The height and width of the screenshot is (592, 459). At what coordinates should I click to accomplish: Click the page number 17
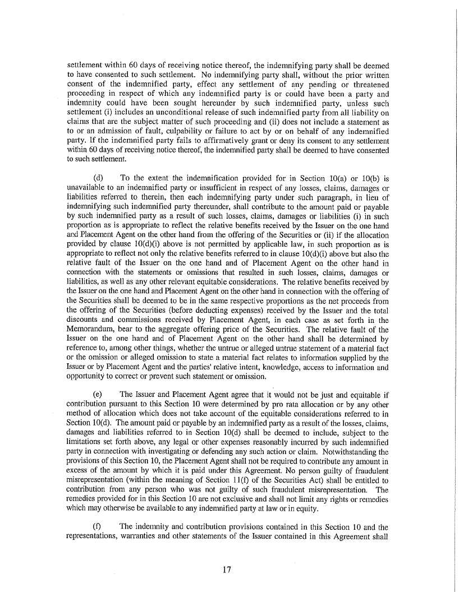click(x=227, y=570)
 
